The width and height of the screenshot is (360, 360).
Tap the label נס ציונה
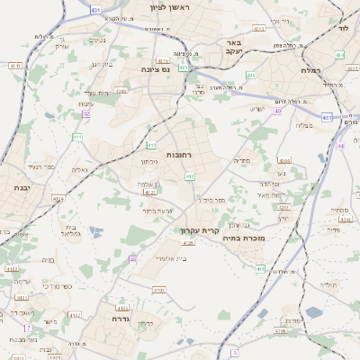[x=156, y=68]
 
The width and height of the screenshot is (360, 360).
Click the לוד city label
[x=342, y=29]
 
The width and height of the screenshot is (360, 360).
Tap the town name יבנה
[x=20, y=187]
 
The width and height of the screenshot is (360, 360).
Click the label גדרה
[x=122, y=319]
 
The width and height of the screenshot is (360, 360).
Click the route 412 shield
[x=190, y=177]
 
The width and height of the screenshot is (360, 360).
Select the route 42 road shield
[x=85, y=114]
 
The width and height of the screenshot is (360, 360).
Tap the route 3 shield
[x=234, y=353]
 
